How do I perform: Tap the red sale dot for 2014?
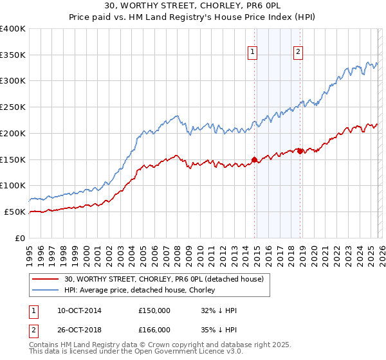(254, 159)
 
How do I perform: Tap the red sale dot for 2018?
(300, 151)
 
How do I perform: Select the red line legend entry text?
(164, 280)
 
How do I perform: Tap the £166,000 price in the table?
(154, 330)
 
